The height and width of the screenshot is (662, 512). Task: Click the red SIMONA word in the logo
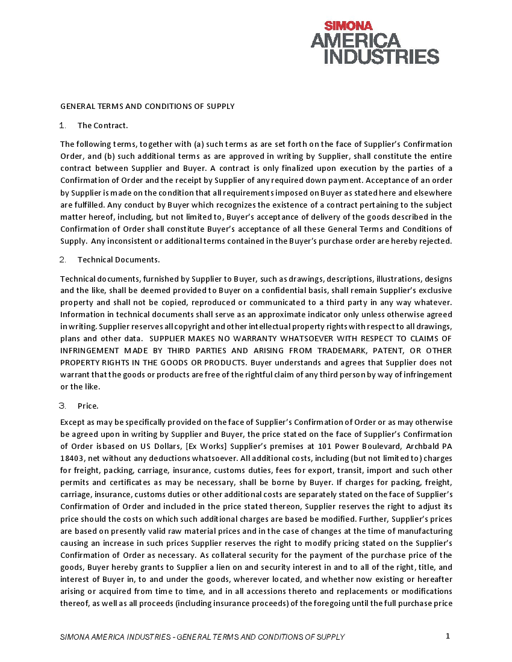[349, 26]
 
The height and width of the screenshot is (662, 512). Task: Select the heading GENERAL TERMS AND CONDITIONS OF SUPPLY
[147, 107]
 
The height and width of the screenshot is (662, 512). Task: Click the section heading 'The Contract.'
[102, 125]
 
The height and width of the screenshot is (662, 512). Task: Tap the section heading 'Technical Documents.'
[119, 259]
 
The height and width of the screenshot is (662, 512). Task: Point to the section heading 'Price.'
[88, 406]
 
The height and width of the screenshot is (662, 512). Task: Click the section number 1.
[63, 125]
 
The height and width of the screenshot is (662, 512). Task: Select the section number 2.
[63, 259]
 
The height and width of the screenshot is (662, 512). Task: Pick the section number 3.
[63, 406]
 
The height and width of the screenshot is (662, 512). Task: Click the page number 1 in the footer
[448, 636]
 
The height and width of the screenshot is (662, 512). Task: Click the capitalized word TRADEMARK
[333, 350]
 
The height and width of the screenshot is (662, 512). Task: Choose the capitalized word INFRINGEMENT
[89, 350]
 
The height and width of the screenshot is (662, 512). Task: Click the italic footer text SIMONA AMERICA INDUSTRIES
[115, 637]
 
